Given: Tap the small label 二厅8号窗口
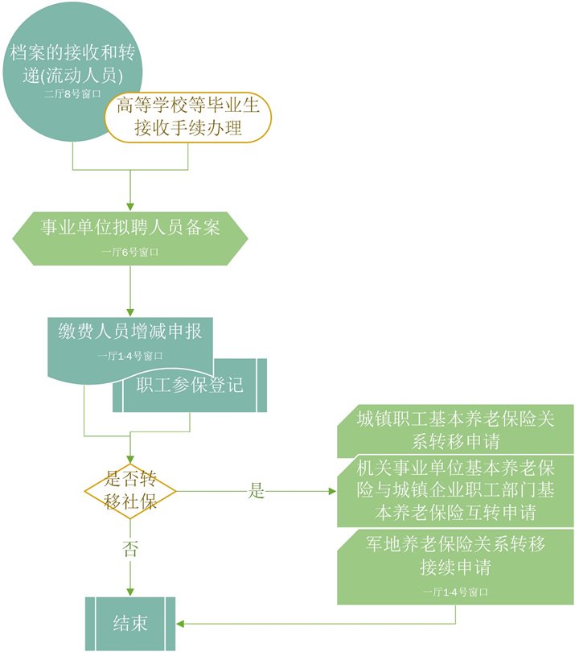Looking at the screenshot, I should click(72, 94).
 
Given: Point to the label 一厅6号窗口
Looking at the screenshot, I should click(130, 252).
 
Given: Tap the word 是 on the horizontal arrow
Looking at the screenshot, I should click(256, 491).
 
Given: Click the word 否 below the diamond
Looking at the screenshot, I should click(130, 551).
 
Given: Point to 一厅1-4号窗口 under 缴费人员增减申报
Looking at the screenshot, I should click(130, 355).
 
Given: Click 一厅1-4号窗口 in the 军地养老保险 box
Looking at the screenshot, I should click(456, 592).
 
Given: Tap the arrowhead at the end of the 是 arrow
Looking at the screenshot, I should click(332, 491).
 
